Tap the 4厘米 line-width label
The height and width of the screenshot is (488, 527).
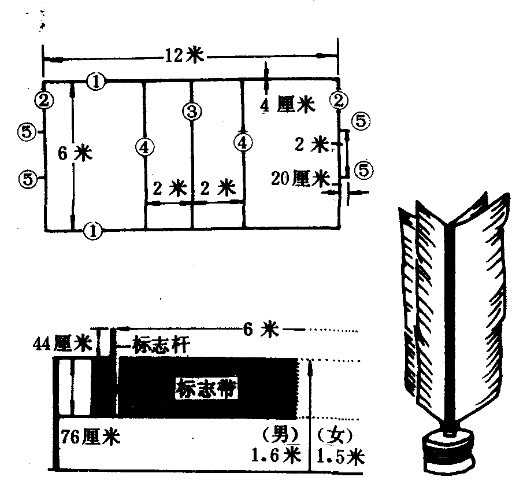click(x=288, y=105)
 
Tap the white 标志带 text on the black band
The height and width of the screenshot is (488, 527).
click(x=207, y=388)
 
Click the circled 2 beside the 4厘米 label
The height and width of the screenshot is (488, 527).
click(x=338, y=100)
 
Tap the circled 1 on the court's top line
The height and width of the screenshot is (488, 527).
click(x=96, y=82)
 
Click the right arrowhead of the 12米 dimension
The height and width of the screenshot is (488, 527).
click(x=333, y=56)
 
